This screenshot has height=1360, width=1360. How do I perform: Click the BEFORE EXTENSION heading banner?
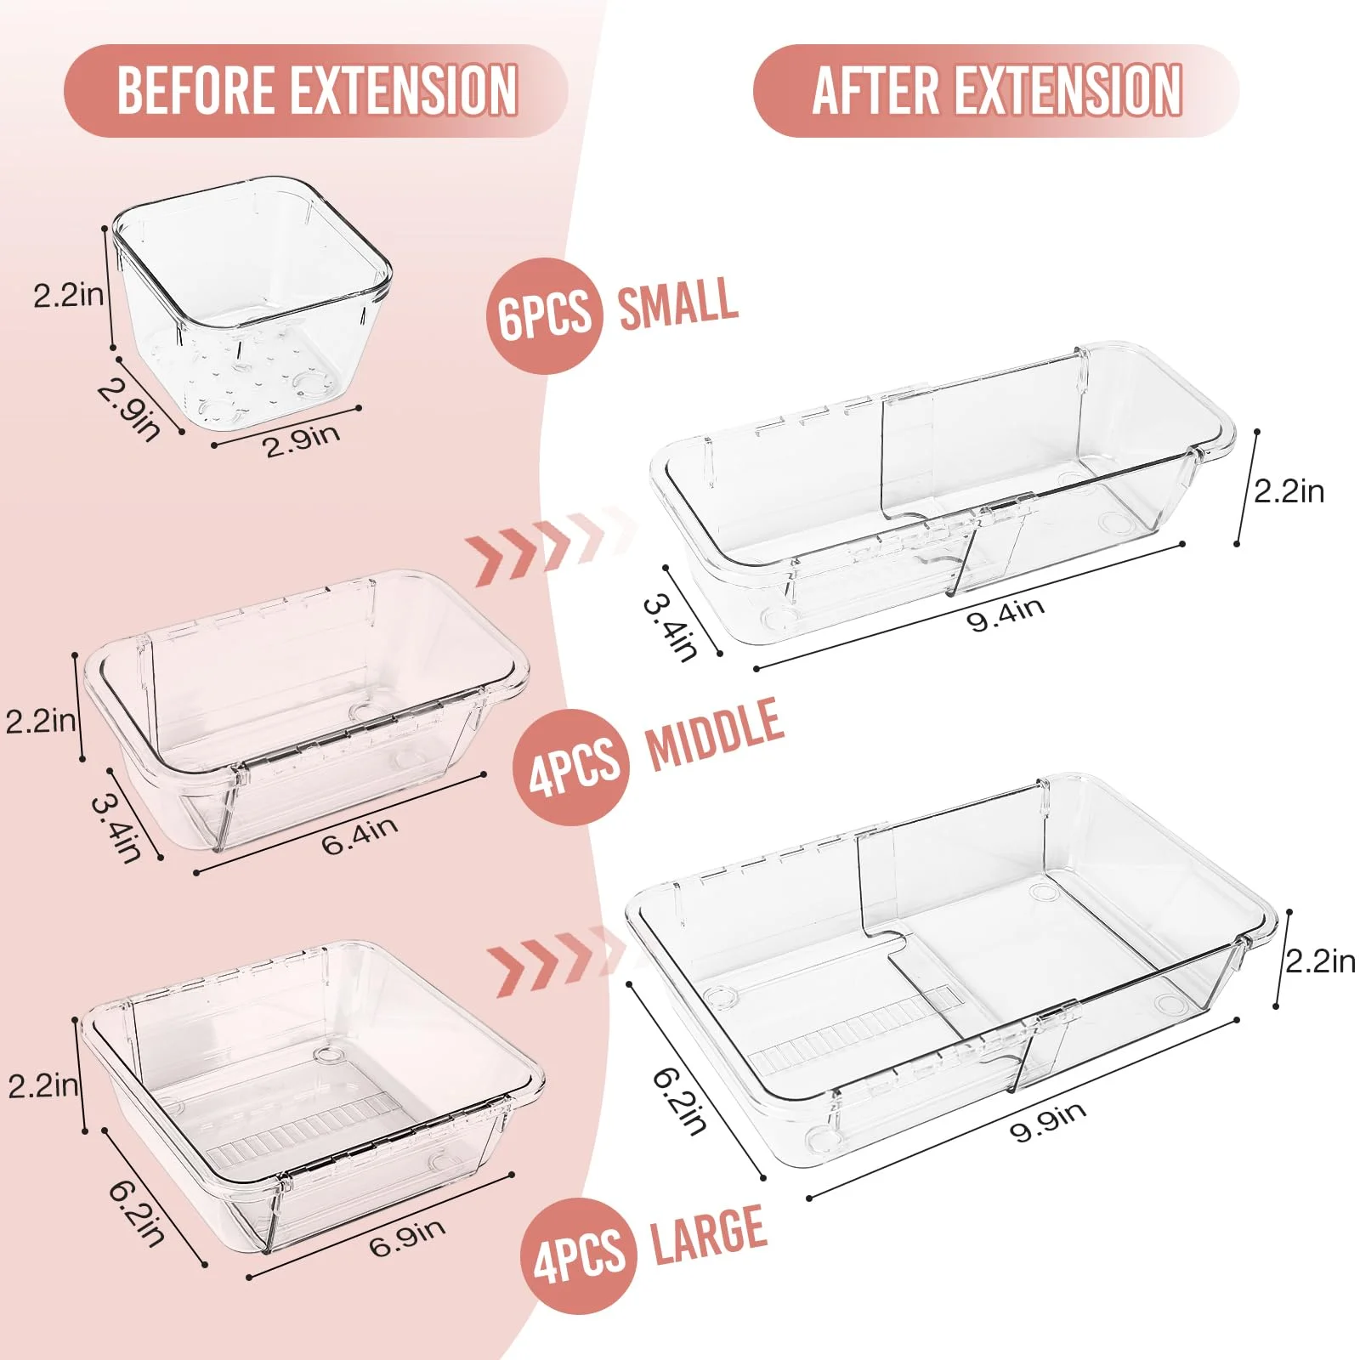(315, 90)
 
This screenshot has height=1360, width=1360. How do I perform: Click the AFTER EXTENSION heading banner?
(996, 90)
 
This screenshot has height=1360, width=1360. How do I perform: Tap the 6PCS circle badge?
(544, 315)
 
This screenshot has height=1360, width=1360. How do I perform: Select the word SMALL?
(677, 303)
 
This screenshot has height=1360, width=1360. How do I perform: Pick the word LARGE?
(709, 1234)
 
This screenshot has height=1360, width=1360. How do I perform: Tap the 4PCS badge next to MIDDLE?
(571, 767)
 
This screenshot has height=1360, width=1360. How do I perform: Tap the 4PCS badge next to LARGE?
(579, 1256)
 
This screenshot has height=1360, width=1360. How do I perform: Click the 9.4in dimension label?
(1006, 614)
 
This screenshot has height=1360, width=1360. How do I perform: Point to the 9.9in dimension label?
(1047, 1121)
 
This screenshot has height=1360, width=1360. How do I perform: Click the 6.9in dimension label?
(407, 1238)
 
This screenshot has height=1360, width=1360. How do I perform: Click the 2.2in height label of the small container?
(69, 295)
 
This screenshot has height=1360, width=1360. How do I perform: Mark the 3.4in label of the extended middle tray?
(671, 627)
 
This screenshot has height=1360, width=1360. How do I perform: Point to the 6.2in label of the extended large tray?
(680, 1101)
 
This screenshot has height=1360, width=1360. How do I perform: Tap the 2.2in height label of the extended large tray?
(1320, 961)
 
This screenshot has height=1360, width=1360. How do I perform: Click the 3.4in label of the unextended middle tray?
(116, 828)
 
